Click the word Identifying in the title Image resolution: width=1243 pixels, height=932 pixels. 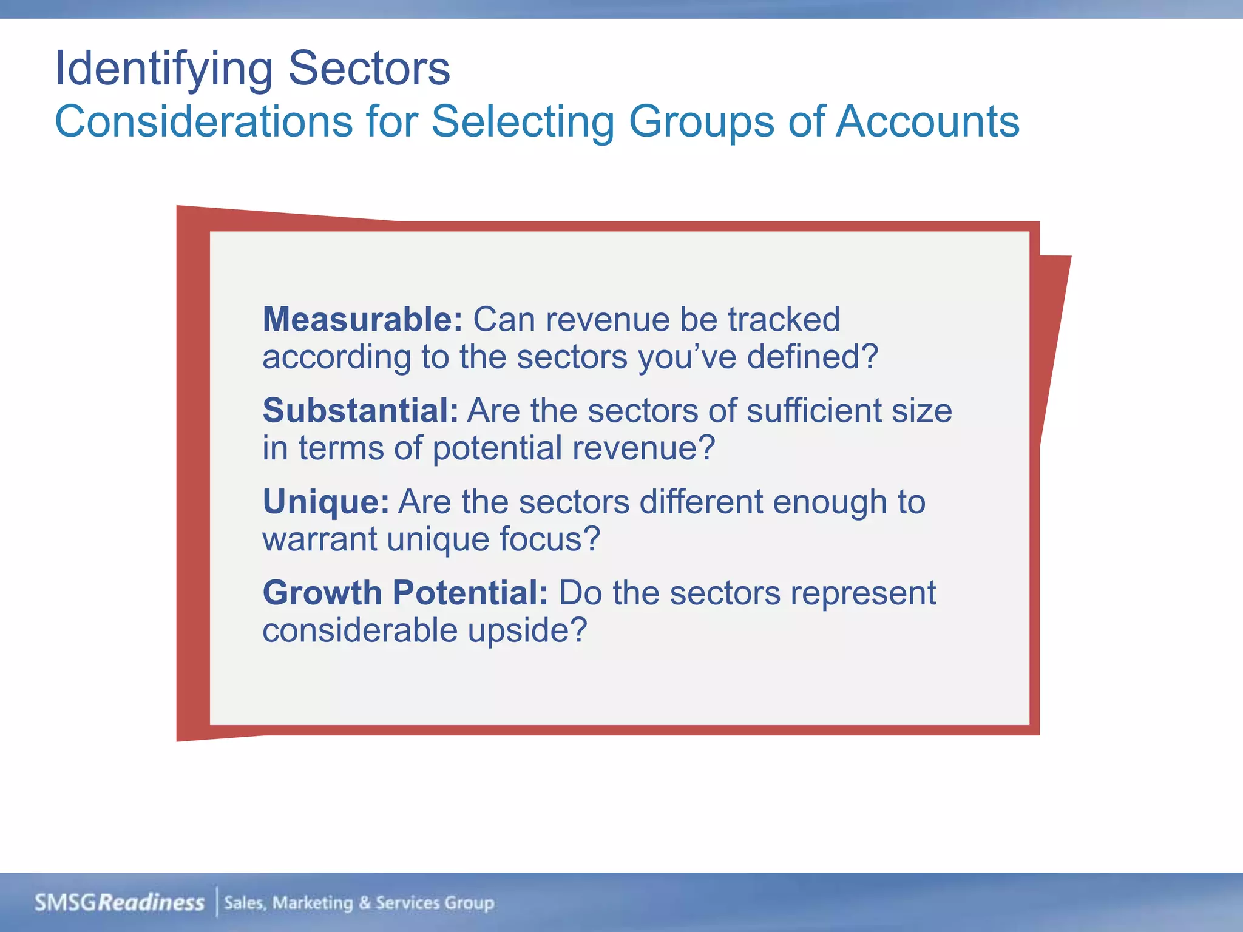[x=164, y=69]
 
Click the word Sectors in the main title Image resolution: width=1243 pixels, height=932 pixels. [x=369, y=68]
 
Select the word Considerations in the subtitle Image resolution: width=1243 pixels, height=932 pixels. [x=203, y=121]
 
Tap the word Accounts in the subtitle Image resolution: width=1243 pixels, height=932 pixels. [x=928, y=121]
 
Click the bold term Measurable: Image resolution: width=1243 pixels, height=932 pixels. [x=362, y=319]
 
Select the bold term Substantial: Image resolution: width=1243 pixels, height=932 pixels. [x=361, y=410]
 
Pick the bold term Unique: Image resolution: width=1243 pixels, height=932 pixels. [x=325, y=502]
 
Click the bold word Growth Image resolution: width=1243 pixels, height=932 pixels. [x=322, y=593]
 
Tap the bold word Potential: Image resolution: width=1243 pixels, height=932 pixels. [x=470, y=593]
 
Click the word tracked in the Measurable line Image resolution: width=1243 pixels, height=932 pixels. [x=784, y=319]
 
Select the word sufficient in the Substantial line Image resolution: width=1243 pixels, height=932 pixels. [x=813, y=410]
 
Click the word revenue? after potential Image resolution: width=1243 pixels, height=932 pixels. [x=644, y=448]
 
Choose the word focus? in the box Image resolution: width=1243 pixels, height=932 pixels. [x=549, y=539]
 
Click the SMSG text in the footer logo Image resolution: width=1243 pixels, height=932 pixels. [x=66, y=903]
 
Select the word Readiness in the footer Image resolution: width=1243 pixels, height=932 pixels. [x=151, y=903]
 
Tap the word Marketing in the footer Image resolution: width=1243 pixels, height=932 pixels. [x=313, y=903]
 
